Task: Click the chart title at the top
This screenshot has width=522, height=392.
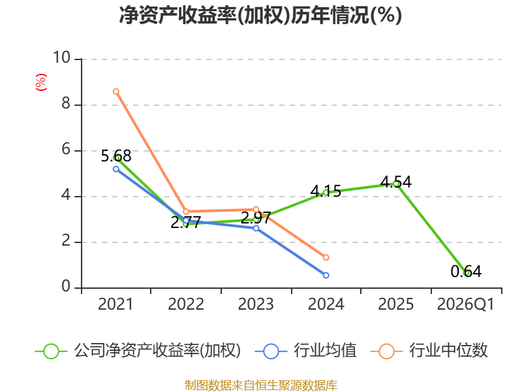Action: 260,15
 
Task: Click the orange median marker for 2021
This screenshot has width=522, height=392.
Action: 116,91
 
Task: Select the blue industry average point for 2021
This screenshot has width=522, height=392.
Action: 116,169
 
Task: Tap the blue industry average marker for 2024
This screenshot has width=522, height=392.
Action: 326,275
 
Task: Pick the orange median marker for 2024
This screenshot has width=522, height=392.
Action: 326,257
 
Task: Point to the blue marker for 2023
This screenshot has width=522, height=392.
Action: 256,228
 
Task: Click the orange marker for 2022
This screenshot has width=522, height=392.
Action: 186,211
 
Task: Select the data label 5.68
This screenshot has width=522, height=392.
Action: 116,156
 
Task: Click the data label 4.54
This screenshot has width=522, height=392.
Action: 396,182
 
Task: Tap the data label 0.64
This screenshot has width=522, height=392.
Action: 466,271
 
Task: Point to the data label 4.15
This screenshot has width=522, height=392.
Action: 326,191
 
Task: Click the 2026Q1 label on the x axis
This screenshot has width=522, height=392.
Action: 466,304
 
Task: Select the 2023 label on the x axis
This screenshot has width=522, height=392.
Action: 256,304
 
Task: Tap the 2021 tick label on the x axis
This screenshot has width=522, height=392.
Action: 115,304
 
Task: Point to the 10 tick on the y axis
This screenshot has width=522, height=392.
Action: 61,57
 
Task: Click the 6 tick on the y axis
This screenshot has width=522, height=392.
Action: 67,150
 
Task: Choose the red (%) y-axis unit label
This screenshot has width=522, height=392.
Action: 41,82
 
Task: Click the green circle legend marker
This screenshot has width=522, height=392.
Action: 52,351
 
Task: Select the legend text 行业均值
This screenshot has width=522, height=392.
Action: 325,350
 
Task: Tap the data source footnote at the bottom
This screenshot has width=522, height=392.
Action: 260,385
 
